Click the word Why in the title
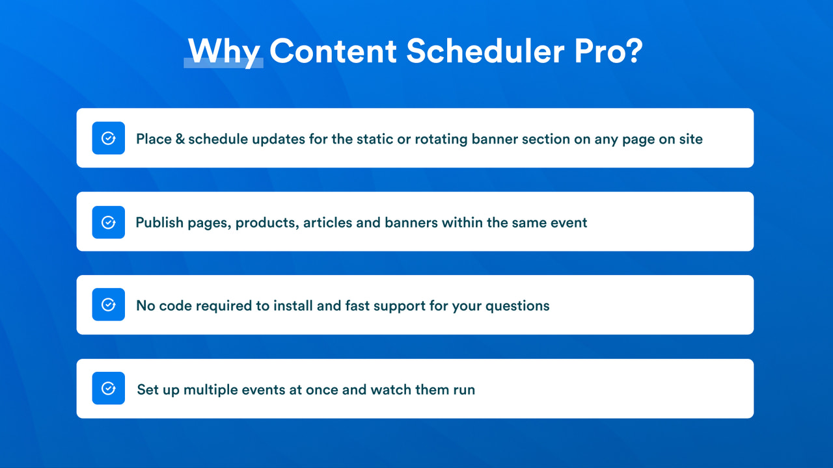click(x=224, y=51)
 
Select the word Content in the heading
click(x=333, y=51)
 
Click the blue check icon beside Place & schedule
click(x=109, y=138)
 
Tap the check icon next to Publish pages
click(x=109, y=222)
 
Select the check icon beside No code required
click(x=109, y=305)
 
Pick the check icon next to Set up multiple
click(x=109, y=389)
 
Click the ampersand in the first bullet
click(x=180, y=139)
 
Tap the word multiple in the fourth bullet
click(x=210, y=390)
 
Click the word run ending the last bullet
click(x=463, y=391)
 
